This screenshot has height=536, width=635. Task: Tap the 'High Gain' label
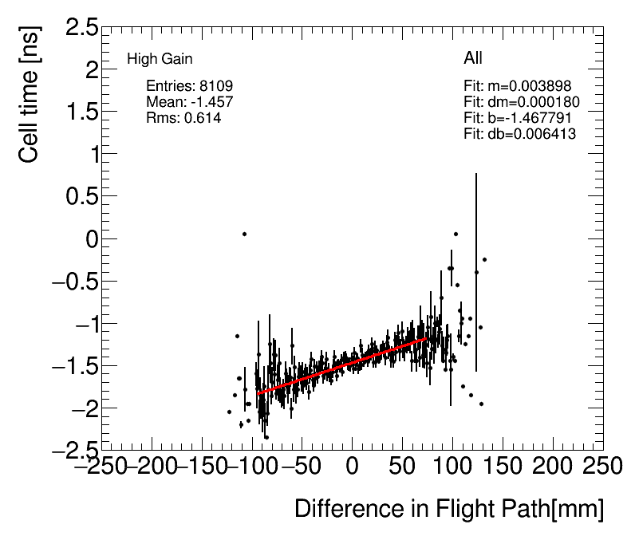[x=160, y=59]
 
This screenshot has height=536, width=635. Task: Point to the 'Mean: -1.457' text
[x=189, y=102]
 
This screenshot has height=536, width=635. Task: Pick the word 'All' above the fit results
[x=472, y=58]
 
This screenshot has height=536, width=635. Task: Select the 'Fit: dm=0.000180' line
[x=521, y=102]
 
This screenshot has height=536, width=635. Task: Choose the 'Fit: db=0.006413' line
[x=519, y=134]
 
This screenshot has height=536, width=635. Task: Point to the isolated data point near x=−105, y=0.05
[x=244, y=234]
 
